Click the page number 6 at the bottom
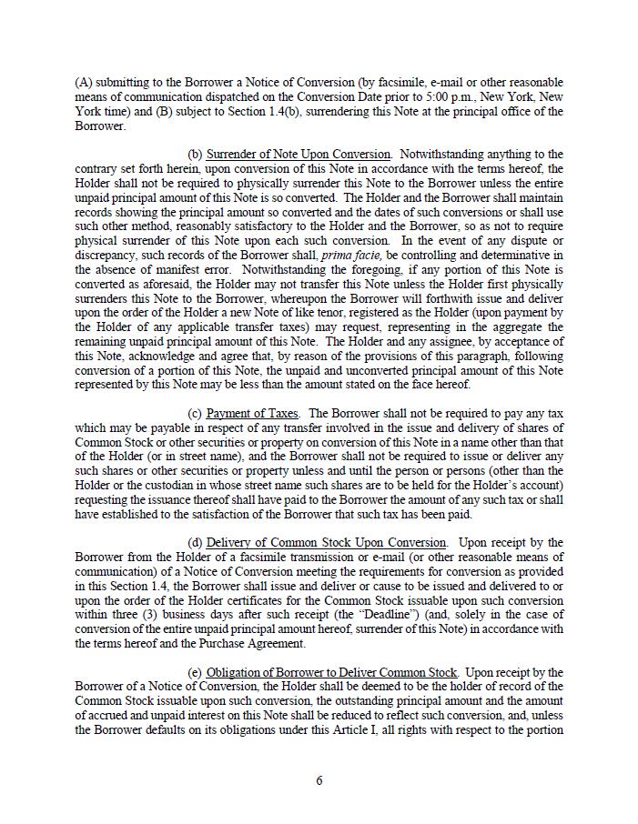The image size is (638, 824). tap(319, 779)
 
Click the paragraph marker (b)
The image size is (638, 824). tap(195, 155)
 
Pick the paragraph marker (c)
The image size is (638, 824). tap(195, 414)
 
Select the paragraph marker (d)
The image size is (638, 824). tap(195, 543)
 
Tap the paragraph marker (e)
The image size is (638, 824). tap(195, 672)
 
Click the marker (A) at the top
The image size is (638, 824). tap(84, 83)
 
